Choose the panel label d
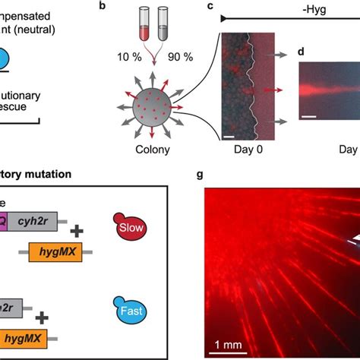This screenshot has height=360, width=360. pyautogui.click(x=302, y=51)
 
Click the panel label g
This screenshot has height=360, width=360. pyautogui.click(x=199, y=174)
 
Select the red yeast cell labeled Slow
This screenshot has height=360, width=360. pyautogui.click(x=125, y=227)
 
